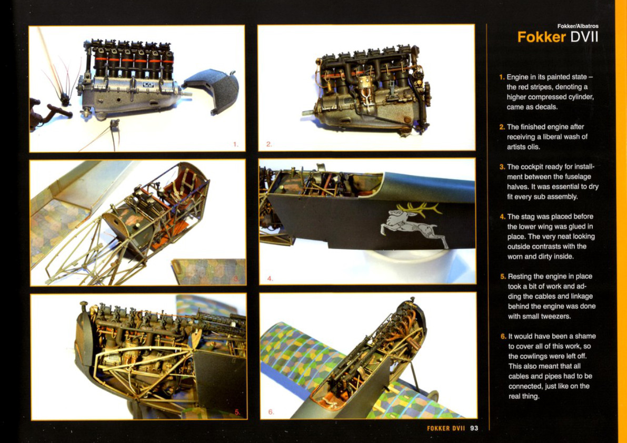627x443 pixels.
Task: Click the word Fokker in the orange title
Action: pos(541,37)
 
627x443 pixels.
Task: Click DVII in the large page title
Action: pos(584,37)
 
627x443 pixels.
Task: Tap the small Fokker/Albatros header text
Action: pos(578,26)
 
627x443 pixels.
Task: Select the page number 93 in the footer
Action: pos(474,428)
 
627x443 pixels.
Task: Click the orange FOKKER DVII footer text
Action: pos(446,428)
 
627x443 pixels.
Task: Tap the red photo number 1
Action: pos(235,144)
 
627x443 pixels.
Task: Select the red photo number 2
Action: pos(269,144)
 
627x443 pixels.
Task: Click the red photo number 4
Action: pos(270,278)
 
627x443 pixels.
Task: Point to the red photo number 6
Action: pos(271,412)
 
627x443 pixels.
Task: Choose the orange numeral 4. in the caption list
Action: pos(503,217)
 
